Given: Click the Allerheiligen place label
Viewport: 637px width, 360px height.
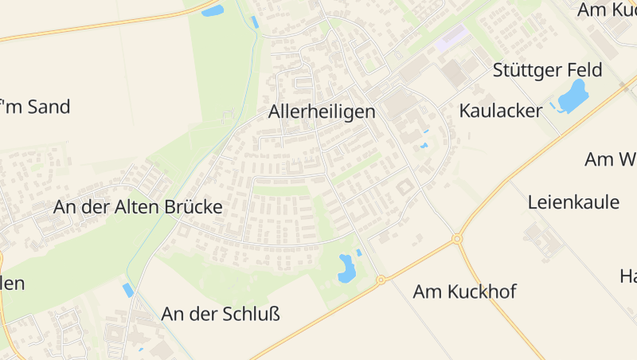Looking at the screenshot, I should click(321, 112).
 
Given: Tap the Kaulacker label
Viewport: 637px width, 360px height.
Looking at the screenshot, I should click(500, 111).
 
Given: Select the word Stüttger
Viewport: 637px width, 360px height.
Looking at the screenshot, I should click(526, 69).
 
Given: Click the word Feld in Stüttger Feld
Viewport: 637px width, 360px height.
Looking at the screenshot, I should click(584, 69).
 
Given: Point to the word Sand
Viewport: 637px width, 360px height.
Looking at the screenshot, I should click(49, 107).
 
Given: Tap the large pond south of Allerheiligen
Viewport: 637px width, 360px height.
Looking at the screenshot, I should click(346, 268).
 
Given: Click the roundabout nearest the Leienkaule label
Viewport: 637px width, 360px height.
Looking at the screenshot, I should click(457, 239).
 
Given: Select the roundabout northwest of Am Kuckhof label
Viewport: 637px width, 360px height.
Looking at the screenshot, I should click(381, 280).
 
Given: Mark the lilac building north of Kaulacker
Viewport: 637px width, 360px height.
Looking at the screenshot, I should click(451, 37).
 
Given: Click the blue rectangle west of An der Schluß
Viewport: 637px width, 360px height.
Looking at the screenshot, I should click(128, 290).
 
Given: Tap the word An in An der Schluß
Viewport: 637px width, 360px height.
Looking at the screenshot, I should click(172, 314).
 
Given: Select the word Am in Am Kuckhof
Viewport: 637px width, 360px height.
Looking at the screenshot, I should click(426, 292).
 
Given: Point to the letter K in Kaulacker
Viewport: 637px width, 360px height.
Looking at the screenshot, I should click(465, 111).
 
